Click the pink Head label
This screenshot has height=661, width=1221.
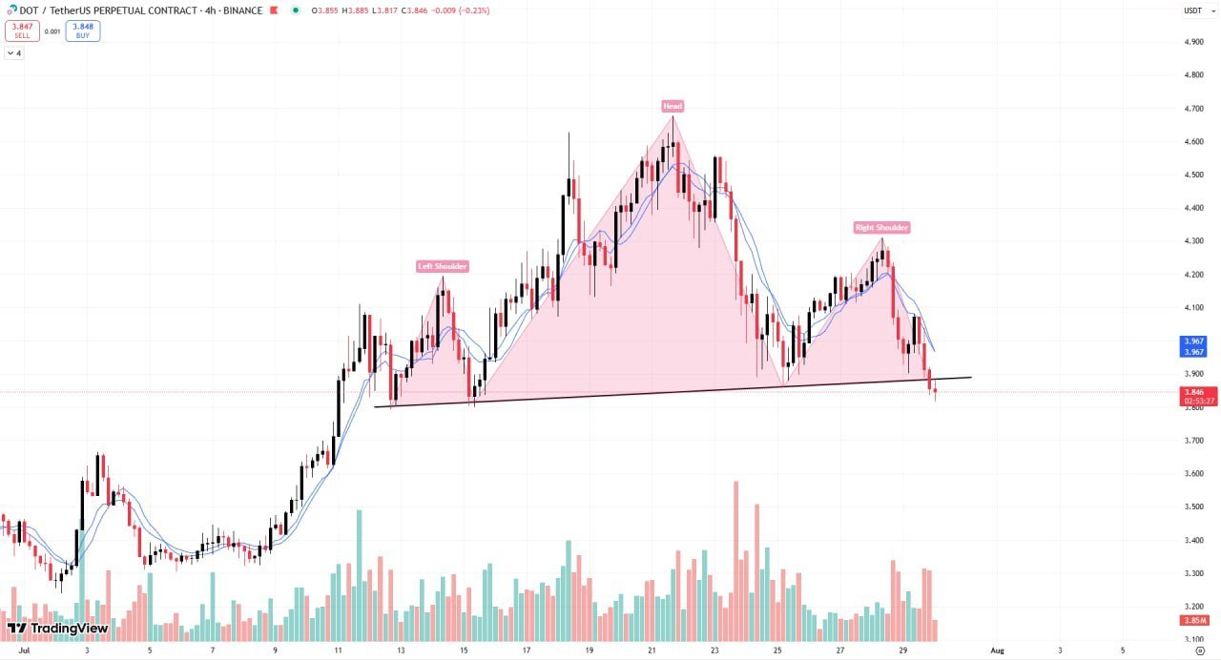(x=673, y=106)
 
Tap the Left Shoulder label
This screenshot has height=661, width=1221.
(x=443, y=266)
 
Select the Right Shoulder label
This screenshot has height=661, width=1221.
(x=881, y=228)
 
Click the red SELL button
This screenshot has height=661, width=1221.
(x=22, y=31)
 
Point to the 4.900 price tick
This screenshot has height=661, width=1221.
(x=1192, y=42)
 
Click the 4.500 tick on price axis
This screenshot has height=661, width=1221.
(x=1192, y=175)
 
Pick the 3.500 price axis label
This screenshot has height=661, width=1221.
(x=1192, y=506)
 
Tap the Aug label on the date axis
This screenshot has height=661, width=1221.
(x=997, y=651)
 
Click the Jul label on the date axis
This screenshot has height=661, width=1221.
(x=24, y=651)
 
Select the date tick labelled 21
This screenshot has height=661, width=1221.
(x=652, y=651)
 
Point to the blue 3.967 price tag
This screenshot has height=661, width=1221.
(x=1193, y=341)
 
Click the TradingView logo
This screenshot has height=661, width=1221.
(x=57, y=628)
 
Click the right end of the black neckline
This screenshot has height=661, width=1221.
(x=970, y=378)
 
